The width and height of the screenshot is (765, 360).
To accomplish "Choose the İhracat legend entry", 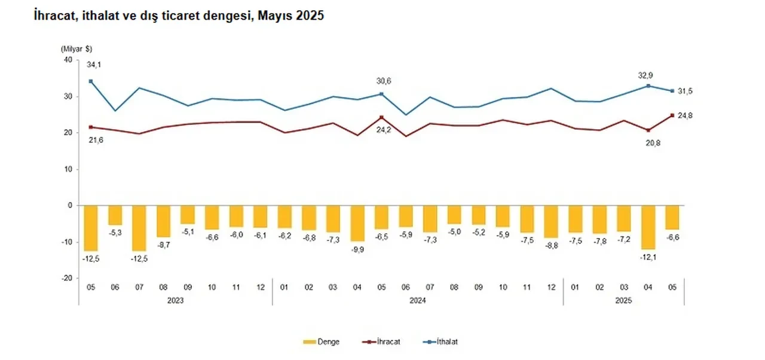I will click(x=388, y=342).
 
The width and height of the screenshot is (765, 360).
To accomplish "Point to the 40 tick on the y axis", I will click(x=67, y=60).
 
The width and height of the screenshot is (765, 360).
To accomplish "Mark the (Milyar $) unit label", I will click(x=76, y=48).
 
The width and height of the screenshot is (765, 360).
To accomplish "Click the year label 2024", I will click(x=417, y=301).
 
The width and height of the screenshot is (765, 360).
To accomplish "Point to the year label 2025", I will click(x=623, y=301).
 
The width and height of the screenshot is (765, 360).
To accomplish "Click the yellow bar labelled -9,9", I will click(x=357, y=222).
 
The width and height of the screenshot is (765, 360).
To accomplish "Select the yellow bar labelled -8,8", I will click(x=551, y=221).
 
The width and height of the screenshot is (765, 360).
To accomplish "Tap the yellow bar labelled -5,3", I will click(x=115, y=215).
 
